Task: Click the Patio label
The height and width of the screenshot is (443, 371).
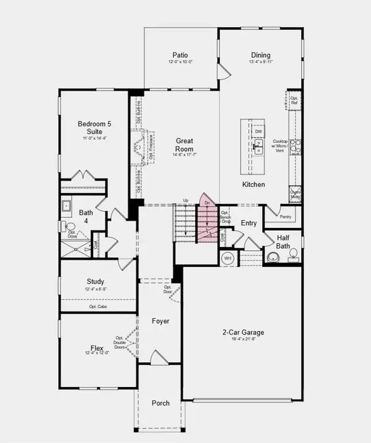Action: click(x=181, y=55)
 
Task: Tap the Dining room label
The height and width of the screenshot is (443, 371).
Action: click(x=260, y=55)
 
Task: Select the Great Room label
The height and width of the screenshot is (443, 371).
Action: click(x=184, y=144)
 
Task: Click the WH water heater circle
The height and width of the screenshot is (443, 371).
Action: click(x=228, y=258)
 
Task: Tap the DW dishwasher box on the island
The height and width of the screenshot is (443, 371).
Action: click(x=258, y=131)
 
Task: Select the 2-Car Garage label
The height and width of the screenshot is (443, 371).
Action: click(x=243, y=332)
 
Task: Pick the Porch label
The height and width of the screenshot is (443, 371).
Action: click(x=161, y=403)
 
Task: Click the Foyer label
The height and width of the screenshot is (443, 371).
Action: click(x=161, y=321)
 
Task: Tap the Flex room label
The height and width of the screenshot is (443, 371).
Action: click(x=97, y=348)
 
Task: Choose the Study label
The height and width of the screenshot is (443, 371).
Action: click(x=96, y=281)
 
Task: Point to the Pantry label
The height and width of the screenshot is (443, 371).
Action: click(x=286, y=217)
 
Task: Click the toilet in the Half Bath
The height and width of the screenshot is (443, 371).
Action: click(x=293, y=254)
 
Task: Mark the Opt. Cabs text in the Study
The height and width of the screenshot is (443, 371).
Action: click(x=97, y=307)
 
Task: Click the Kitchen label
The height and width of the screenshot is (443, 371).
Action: click(x=253, y=185)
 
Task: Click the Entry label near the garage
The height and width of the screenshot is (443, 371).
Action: click(x=249, y=223)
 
